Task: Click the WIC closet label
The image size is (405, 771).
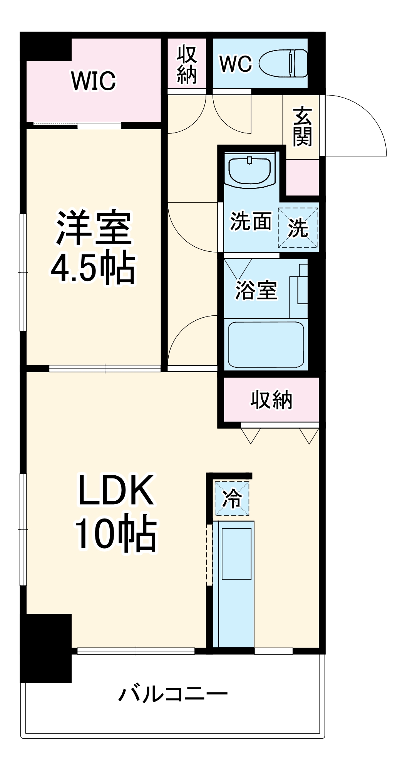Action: [94, 81]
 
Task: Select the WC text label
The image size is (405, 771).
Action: [235, 64]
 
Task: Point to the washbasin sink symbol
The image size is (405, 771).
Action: [250, 170]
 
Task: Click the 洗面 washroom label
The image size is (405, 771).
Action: [251, 221]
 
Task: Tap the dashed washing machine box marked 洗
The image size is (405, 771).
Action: [298, 227]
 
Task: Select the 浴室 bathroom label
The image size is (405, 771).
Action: [256, 290]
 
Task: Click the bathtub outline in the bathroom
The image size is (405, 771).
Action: [266, 344]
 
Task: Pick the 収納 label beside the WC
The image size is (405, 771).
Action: [187, 65]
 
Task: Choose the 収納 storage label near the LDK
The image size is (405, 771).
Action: [271, 400]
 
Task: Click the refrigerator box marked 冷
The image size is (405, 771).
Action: [232, 498]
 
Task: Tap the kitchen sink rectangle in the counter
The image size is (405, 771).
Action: [236, 554]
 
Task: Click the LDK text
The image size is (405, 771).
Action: [115, 490]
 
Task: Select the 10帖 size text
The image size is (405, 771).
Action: [115, 534]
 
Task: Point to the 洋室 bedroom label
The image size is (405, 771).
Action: [94, 227]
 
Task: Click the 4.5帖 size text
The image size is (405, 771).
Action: [94, 268]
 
